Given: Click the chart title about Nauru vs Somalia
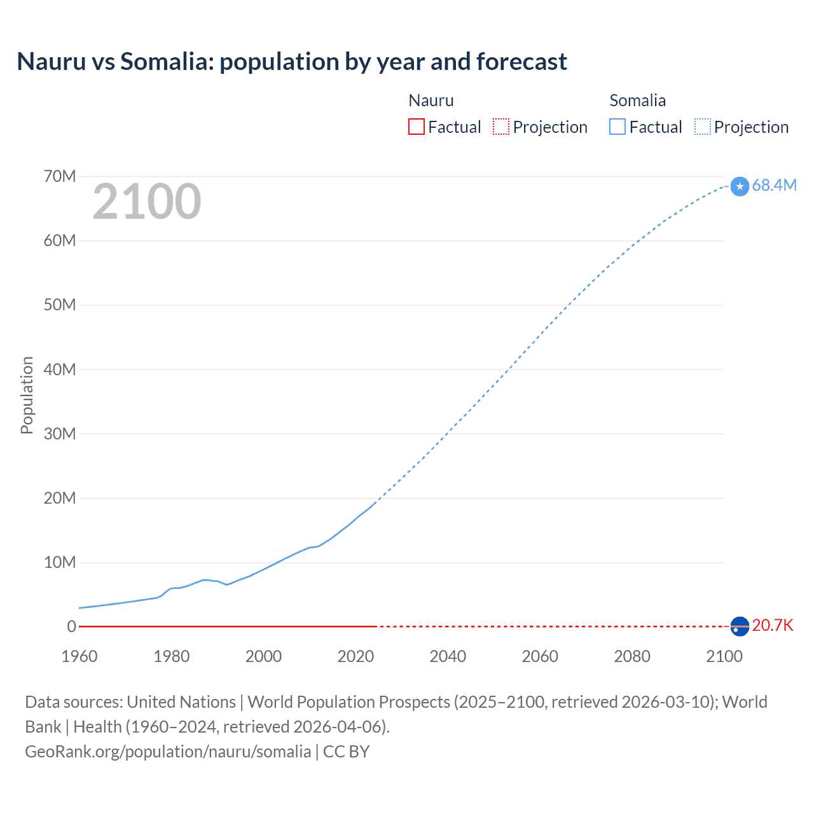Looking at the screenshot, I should pyautogui.click(x=292, y=62).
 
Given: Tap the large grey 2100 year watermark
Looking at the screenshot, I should pyautogui.click(x=147, y=202).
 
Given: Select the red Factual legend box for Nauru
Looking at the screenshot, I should pyautogui.click(x=416, y=127).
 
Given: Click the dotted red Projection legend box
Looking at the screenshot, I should pyautogui.click(x=501, y=127).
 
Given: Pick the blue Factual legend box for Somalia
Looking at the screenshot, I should pyautogui.click(x=617, y=127).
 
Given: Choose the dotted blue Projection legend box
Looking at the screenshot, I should pyautogui.click(x=702, y=127).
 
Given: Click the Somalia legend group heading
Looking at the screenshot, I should pyautogui.click(x=637, y=100).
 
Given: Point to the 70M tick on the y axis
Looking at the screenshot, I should pyautogui.click(x=60, y=176).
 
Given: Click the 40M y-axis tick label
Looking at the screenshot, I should pyautogui.click(x=60, y=369).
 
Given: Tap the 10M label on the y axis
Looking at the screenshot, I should pyautogui.click(x=60, y=562).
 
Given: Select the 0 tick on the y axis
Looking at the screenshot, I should pyautogui.click(x=71, y=626).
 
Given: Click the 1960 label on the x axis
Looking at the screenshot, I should pyautogui.click(x=79, y=656).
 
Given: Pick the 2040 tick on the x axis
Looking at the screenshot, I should pyautogui.click(x=448, y=656).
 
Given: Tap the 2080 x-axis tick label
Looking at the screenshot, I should pyautogui.click(x=632, y=656).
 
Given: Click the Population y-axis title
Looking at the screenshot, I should pyautogui.click(x=27, y=395).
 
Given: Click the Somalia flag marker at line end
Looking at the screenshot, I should pyautogui.click(x=740, y=186).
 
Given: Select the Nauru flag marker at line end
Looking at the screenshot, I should pyautogui.click(x=740, y=626).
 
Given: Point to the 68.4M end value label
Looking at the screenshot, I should pyautogui.click(x=774, y=185).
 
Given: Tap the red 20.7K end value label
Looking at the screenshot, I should pyautogui.click(x=773, y=625).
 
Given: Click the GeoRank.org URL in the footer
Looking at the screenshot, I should pyautogui.click(x=168, y=751).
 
